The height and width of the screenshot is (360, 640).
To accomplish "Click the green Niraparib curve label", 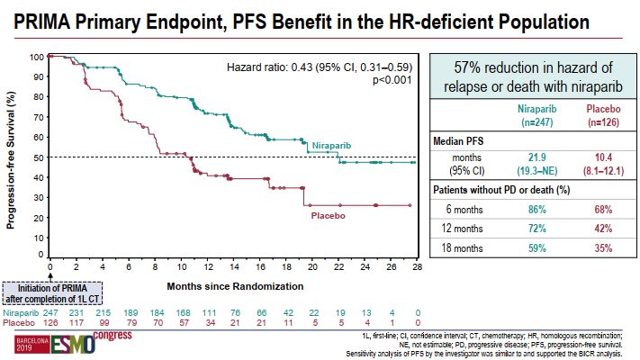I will coord(331,144).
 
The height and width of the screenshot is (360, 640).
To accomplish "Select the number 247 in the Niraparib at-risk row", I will coord(51,310).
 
